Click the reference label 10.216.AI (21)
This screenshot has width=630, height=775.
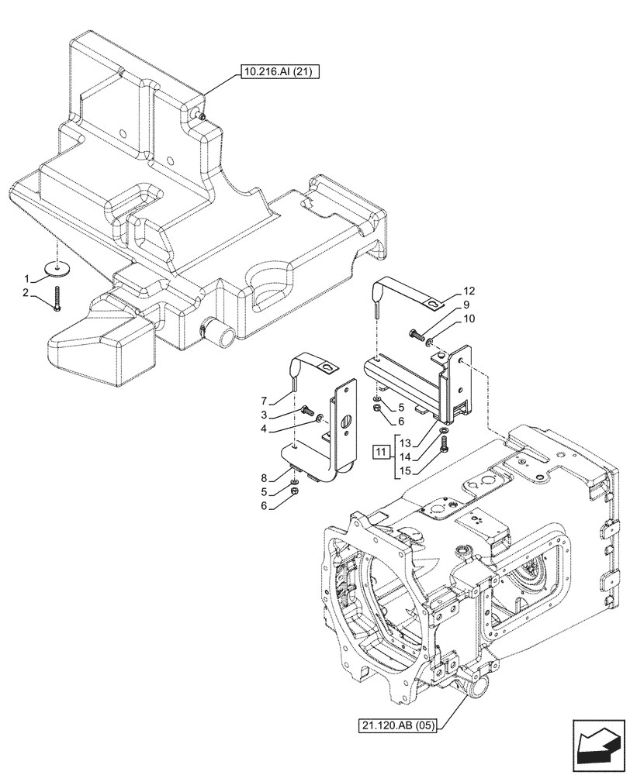278,72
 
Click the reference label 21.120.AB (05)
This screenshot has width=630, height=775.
398,725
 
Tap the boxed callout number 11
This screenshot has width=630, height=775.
380,451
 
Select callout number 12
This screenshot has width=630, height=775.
468,291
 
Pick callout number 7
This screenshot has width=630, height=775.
265,400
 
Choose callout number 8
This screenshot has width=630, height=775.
265,479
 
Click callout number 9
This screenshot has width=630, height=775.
468,305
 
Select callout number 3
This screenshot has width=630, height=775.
265,415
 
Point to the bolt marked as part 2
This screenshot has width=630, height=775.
59,299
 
